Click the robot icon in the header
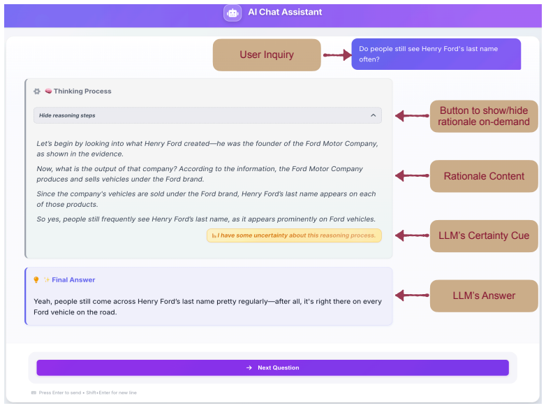tap(233, 13)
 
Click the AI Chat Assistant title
tap(285, 12)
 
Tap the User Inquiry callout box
tap(267, 54)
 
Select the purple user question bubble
tap(436, 54)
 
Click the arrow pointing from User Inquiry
tap(337, 54)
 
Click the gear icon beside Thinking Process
tap(37, 92)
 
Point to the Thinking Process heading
tap(82, 92)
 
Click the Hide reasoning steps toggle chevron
tap(374, 115)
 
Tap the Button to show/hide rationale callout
tap(484, 116)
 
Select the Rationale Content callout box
tap(484, 176)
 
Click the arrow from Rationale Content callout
tap(412, 175)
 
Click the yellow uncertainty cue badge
tap(294, 235)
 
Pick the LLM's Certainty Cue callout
tap(484, 236)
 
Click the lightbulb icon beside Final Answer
tap(36, 279)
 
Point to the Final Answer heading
tap(73, 279)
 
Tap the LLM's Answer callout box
tap(484, 296)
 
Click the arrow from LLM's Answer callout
tap(412, 296)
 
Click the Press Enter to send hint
tap(87, 393)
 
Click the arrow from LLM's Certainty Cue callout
tap(412, 235)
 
